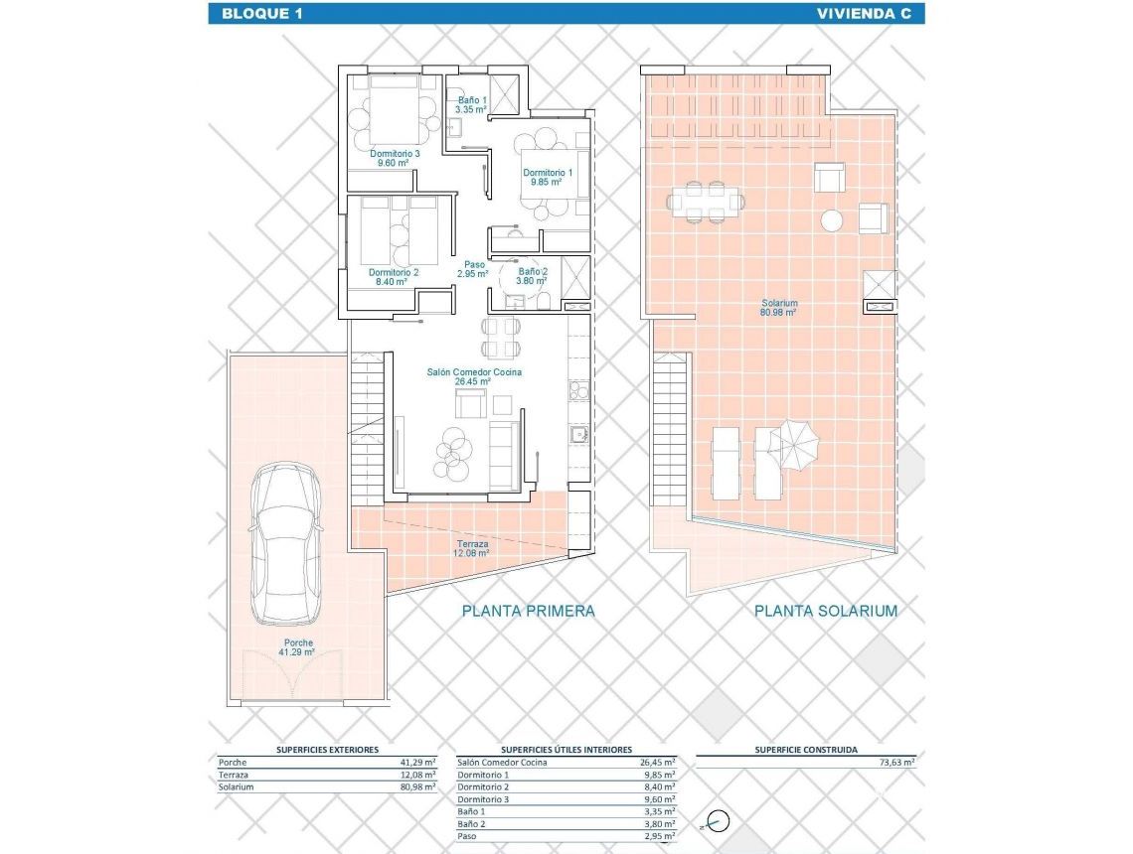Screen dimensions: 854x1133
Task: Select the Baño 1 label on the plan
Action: click(471, 104)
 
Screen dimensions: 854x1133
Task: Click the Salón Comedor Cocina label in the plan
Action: click(474, 376)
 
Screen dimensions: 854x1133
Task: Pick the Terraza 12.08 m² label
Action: click(472, 548)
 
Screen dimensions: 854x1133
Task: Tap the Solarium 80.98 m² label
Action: click(780, 308)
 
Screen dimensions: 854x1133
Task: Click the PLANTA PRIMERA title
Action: click(528, 611)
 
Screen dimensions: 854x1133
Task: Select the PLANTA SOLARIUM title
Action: click(825, 611)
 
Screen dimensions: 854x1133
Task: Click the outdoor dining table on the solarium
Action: click(705, 202)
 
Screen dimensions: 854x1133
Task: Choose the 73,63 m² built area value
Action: click(896, 763)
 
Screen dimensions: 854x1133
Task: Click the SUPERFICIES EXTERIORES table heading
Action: click(327, 750)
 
